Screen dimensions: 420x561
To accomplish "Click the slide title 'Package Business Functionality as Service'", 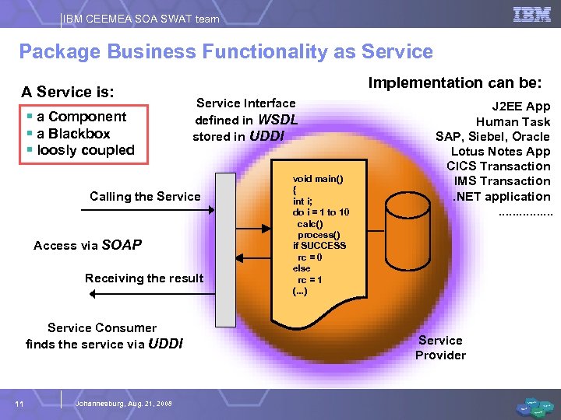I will [226, 52].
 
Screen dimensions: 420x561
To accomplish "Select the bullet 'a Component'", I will [81, 117].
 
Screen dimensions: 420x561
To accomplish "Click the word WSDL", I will [277, 120].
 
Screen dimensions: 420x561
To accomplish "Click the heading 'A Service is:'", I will [68, 92].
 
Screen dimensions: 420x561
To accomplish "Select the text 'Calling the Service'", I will [145, 196].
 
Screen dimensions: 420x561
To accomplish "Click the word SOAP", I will [122, 245].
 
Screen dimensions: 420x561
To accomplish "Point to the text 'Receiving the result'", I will [144, 278].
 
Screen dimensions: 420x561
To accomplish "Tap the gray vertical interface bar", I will [225, 249].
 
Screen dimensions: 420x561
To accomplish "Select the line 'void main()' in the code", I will [318, 179].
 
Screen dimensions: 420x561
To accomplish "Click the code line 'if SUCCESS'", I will [319, 245].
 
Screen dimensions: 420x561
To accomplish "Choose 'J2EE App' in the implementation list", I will [520, 107].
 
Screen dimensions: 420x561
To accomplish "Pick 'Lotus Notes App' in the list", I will [500, 152].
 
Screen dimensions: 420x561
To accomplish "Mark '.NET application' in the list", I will [502, 196].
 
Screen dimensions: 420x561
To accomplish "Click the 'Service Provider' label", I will [440, 348].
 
